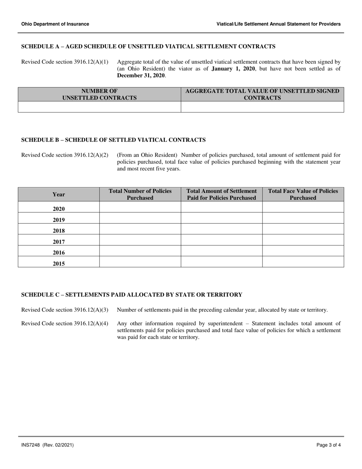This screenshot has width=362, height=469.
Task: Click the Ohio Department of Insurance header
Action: [55, 24]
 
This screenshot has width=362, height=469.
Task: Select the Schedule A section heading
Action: [148, 47]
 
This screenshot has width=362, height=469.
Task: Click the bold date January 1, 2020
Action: [233, 69]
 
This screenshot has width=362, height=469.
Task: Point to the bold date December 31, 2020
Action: [141, 75]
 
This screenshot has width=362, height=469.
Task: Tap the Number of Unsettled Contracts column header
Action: [99, 94]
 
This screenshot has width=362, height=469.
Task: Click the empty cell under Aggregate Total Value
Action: [262, 107]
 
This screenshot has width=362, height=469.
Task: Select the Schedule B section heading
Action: [114, 140]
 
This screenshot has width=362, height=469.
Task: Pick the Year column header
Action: [59, 194]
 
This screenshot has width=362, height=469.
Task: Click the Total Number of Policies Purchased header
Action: [140, 194]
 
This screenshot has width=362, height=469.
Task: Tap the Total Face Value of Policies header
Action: [303, 194]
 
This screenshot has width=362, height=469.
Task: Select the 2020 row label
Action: [59, 209]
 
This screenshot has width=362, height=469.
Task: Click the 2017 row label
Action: [59, 241]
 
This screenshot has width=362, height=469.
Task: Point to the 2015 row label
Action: [59, 263]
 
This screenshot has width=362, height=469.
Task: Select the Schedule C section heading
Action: [132, 295]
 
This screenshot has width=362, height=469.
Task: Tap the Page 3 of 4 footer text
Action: [328, 445]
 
